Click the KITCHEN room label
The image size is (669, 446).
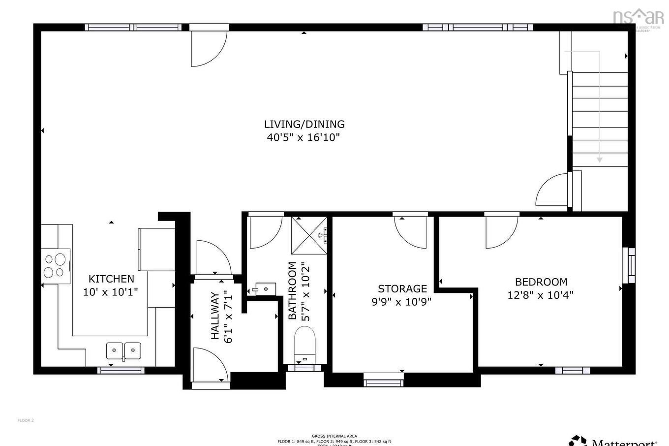point(111,279)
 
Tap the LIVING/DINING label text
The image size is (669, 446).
point(304,124)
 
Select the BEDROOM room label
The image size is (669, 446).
point(541,282)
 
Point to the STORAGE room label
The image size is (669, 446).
point(402,288)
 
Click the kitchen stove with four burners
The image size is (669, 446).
point(55,266)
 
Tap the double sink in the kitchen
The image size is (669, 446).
point(123,350)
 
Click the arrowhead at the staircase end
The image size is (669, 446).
point(599,159)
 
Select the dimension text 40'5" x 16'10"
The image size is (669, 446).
point(304,137)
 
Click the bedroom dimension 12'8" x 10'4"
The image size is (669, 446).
point(540,295)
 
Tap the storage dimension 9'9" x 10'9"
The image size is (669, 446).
point(401,301)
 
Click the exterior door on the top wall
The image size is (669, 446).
point(209,45)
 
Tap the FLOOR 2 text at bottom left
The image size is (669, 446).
point(26,420)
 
